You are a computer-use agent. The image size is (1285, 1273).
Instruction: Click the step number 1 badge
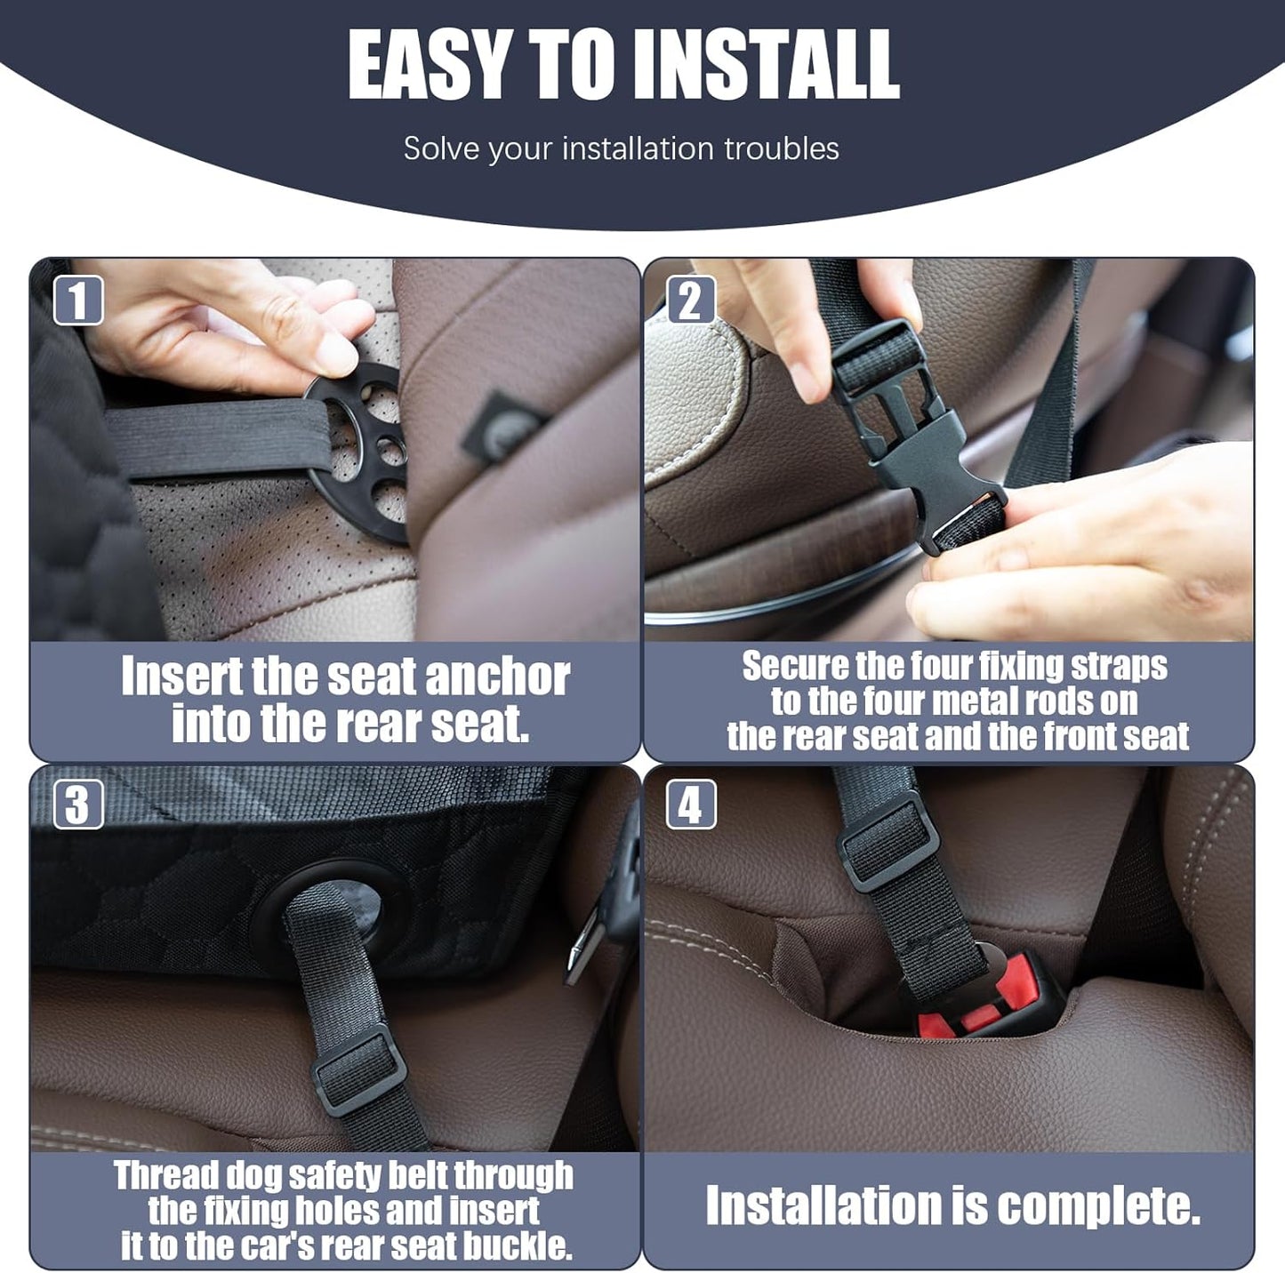[x=78, y=300]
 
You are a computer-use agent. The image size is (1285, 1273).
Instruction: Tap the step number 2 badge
[x=691, y=300]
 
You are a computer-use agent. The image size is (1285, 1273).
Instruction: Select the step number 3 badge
[x=78, y=805]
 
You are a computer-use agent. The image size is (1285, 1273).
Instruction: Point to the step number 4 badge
[x=691, y=805]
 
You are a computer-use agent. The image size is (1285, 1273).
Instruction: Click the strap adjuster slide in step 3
[x=358, y=1073]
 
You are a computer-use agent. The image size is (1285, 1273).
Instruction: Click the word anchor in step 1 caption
[x=497, y=677]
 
